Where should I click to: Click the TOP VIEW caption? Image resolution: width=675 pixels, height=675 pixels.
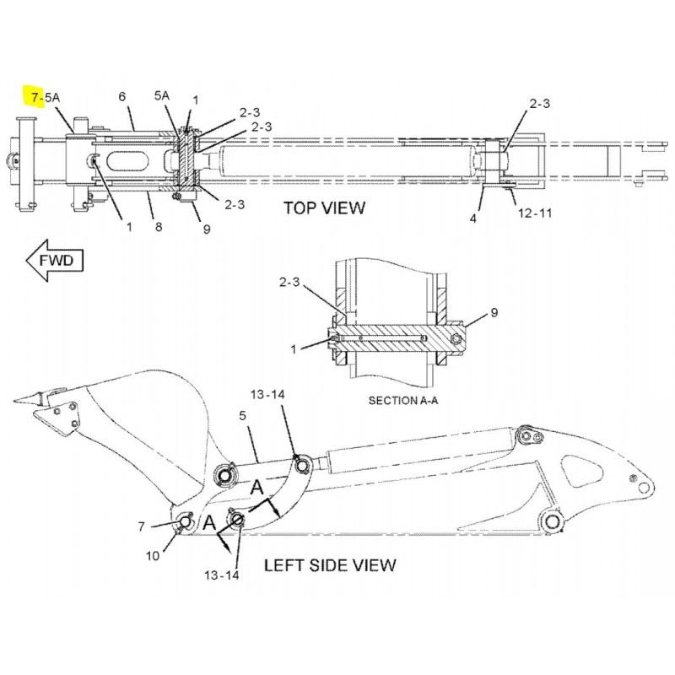tap(324, 208)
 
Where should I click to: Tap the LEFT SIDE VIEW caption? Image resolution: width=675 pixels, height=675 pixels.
tap(329, 564)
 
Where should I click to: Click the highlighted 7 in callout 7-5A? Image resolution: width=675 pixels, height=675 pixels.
tap(35, 98)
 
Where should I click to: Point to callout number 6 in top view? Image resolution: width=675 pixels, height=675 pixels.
tap(121, 98)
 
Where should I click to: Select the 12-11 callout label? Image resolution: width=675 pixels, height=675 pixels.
tap(534, 213)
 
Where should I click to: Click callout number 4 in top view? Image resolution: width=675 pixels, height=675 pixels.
tap(473, 219)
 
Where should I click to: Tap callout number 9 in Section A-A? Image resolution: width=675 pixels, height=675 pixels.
tap(494, 313)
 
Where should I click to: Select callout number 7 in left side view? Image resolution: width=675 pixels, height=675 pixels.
tap(142, 526)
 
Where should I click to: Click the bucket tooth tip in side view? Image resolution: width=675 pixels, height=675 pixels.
tap(29, 401)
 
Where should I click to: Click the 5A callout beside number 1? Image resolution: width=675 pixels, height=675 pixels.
tap(163, 98)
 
